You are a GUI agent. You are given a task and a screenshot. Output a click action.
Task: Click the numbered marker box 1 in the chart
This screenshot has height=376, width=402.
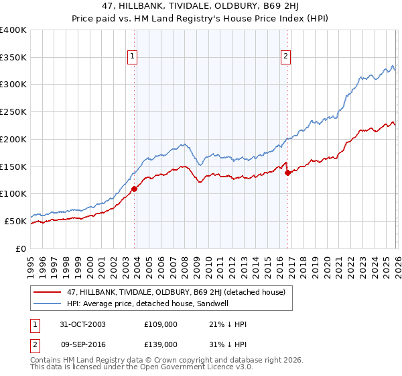click(x=133, y=57)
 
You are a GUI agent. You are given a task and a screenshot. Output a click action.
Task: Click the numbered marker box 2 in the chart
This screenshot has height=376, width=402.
click(x=286, y=57)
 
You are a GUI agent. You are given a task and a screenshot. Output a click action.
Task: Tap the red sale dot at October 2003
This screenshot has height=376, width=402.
click(x=135, y=189)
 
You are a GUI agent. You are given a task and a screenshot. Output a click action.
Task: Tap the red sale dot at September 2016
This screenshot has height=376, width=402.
click(x=287, y=173)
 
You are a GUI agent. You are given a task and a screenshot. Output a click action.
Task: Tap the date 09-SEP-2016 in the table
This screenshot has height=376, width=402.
click(x=81, y=344)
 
